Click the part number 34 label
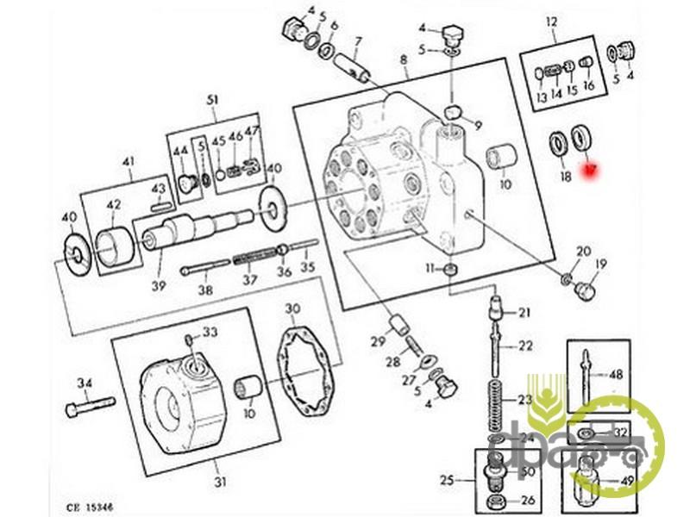[84, 383]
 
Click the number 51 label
[213, 101]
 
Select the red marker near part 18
[590, 172]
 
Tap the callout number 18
[565, 177]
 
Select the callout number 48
[616, 375]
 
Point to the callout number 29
[378, 342]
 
